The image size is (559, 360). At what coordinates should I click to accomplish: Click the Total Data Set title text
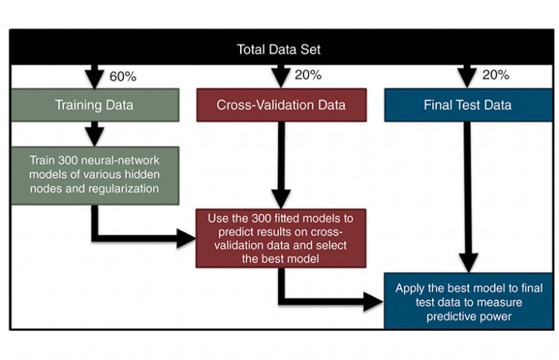pyautogui.click(x=279, y=50)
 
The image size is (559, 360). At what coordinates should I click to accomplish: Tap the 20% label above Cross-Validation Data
pyautogui.click(x=307, y=75)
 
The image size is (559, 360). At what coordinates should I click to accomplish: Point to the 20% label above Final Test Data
pyautogui.click(x=495, y=75)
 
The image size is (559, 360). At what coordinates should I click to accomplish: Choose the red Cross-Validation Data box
pyautogui.click(x=281, y=105)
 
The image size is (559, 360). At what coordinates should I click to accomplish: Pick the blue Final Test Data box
pyautogui.click(x=467, y=105)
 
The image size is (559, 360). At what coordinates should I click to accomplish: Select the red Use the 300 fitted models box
pyautogui.click(x=281, y=238)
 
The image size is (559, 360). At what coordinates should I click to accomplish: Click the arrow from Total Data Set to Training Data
pyautogui.click(x=95, y=75)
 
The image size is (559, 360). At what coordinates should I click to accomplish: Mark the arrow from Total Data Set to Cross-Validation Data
pyautogui.click(x=280, y=75)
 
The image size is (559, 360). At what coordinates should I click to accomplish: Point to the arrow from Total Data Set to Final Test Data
pyautogui.click(x=467, y=75)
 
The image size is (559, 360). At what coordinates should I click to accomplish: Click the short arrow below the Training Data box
pyautogui.click(x=95, y=134)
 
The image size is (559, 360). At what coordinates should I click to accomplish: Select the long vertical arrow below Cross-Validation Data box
pyautogui.click(x=280, y=164)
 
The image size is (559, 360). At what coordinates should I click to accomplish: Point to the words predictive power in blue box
pyautogui.click(x=469, y=315)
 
